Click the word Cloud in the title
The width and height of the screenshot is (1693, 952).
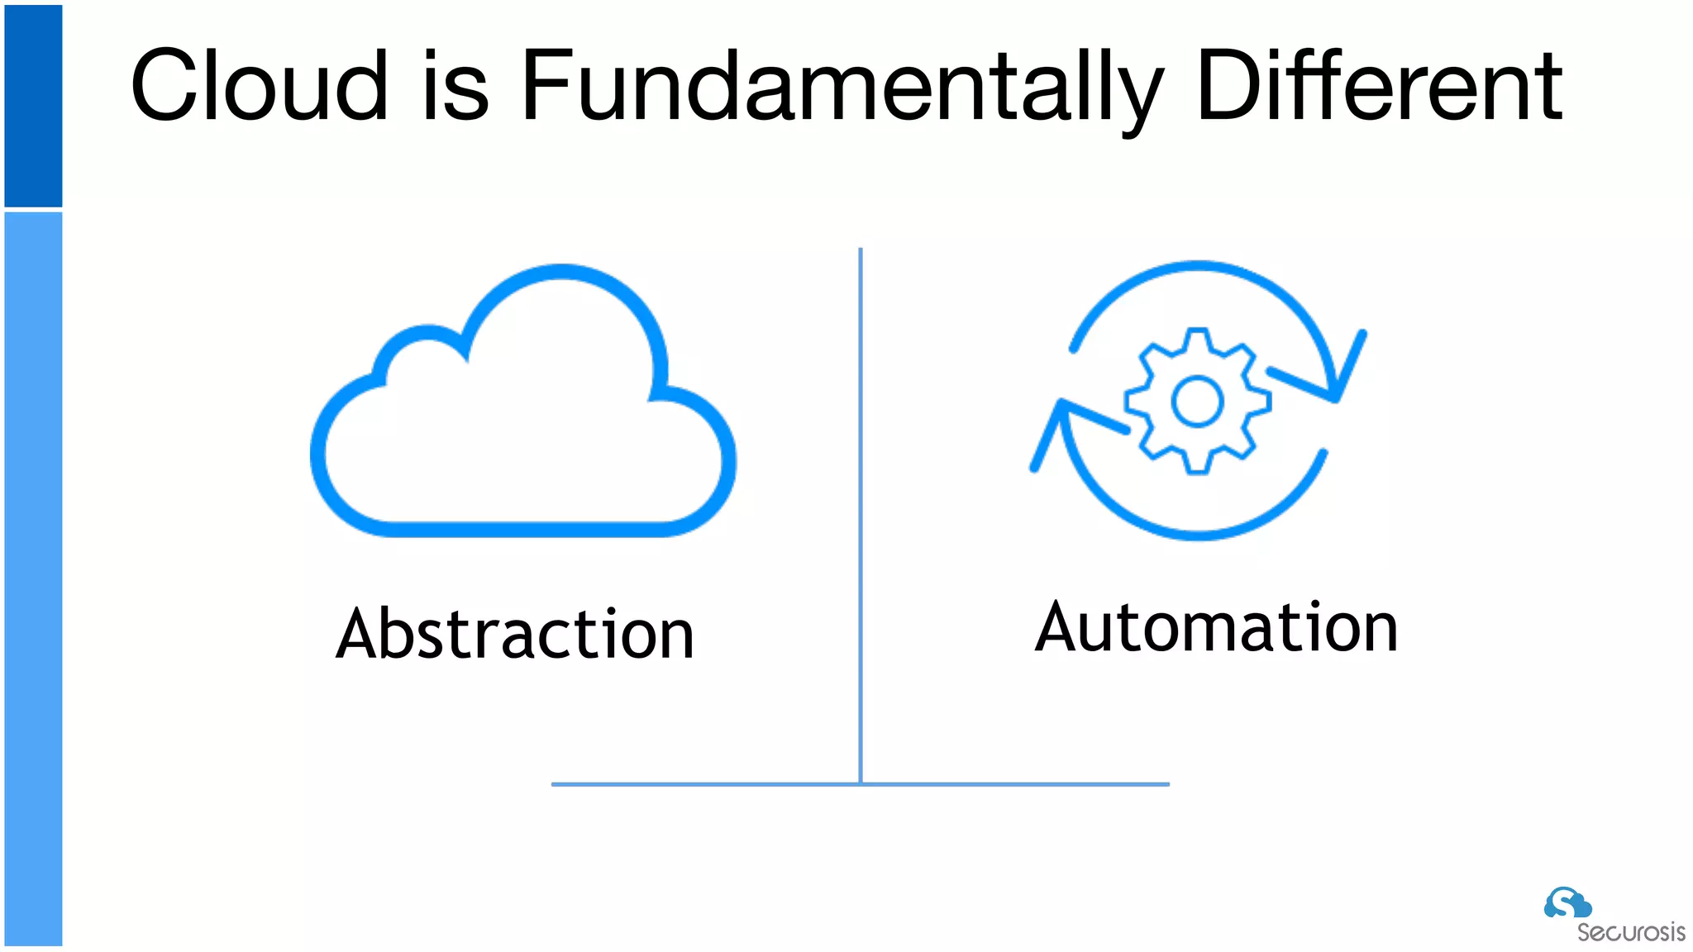click(259, 85)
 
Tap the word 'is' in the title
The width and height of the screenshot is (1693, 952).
click(455, 85)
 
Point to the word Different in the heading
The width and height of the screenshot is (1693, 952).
click(1379, 85)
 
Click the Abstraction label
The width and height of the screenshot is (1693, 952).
click(515, 634)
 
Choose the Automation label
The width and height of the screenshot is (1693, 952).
click(1216, 627)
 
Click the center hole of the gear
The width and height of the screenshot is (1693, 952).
click(1197, 402)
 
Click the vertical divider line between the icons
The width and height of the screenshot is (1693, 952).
click(861, 512)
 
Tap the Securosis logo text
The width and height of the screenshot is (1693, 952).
click(1630, 932)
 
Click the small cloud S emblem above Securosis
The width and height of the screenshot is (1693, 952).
click(1567, 902)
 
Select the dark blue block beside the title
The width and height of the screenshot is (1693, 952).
click(33, 106)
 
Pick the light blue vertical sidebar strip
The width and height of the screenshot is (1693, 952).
click(33, 578)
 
